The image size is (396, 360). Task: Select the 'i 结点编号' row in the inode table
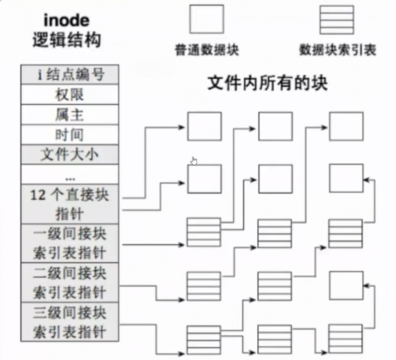point(70,75)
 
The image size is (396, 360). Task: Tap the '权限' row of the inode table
point(70,95)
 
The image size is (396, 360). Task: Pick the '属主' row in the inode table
point(70,115)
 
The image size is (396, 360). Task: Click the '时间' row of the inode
point(70,135)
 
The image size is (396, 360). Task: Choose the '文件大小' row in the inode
point(70,155)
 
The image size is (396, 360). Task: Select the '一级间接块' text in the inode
point(70,234)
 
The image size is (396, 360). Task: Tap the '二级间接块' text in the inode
point(70,273)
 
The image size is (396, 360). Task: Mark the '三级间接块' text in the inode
point(70,312)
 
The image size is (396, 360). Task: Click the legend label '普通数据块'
point(206,49)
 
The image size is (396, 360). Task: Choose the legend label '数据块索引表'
point(337,49)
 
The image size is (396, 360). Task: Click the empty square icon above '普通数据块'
point(206,19)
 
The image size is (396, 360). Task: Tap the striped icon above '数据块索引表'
point(337,19)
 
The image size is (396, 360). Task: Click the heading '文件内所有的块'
point(268,83)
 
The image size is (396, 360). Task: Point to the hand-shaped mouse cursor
point(194,161)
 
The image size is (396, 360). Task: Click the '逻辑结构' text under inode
point(67,41)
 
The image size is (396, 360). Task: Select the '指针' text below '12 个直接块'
point(70,214)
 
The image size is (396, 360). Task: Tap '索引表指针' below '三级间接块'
point(70,332)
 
